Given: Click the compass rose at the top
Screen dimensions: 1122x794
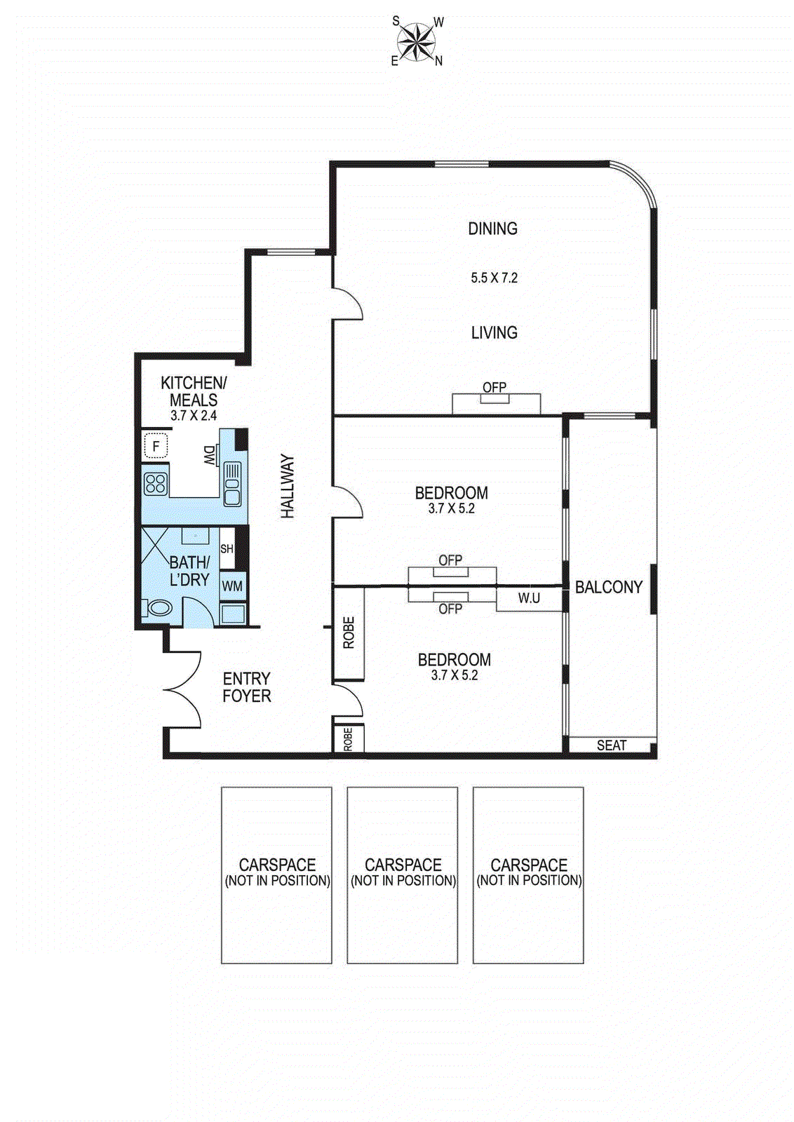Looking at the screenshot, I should click(x=417, y=41).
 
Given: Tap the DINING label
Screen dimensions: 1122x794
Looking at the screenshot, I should click(x=492, y=229).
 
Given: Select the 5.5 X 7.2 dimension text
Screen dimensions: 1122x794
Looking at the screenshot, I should click(x=494, y=278).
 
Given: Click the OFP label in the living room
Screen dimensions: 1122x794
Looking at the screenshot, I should click(x=494, y=387).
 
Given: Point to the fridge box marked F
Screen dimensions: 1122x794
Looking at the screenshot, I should click(x=156, y=446).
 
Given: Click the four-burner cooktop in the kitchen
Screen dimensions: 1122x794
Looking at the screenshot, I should click(x=155, y=483).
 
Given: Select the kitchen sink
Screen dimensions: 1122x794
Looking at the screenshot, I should click(x=232, y=484).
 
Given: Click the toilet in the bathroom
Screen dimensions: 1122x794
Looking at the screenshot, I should click(x=158, y=608).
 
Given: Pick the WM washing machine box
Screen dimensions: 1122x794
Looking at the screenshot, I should click(x=232, y=586).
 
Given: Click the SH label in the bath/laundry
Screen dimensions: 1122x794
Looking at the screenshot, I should click(x=227, y=549).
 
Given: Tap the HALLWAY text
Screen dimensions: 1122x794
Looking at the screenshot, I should click(x=288, y=486).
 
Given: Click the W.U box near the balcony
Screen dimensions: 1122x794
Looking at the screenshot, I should click(x=529, y=598).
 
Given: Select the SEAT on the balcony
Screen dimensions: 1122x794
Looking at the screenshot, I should click(x=611, y=745).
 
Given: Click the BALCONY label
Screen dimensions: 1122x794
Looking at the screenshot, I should click(x=609, y=588).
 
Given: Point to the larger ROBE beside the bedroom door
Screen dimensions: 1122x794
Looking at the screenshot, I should click(x=349, y=633).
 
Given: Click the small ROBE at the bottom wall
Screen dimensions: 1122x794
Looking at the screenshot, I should click(x=348, y=739).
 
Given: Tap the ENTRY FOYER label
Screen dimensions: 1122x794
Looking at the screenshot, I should click(x=246, y=687).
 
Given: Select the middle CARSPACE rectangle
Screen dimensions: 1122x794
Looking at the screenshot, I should click(x=403, y=874).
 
